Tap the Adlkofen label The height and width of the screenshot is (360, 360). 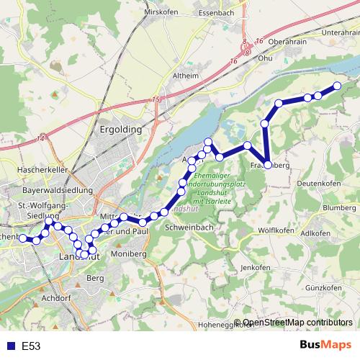[316, 233]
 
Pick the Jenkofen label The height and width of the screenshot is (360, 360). [255, 268]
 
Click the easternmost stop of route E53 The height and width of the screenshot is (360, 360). [336, 86]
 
